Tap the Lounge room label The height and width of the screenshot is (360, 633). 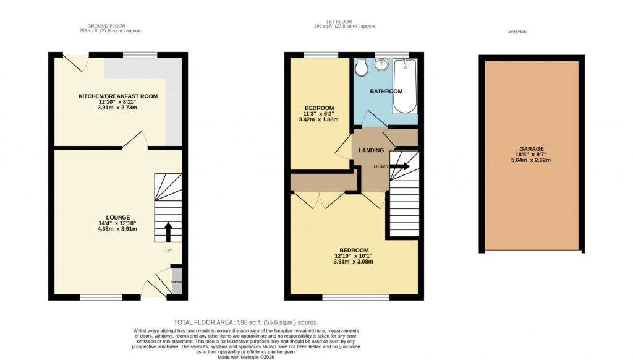pos(117,217)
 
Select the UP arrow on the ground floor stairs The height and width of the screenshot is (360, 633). pos(168,233)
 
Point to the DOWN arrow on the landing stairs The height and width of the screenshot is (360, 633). pos(399,166)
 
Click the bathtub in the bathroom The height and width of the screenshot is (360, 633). pos(406,86)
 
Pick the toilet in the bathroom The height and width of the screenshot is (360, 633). pos(362,67)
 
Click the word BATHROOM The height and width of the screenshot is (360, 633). pos(386,92)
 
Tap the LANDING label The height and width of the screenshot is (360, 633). pos(371,150)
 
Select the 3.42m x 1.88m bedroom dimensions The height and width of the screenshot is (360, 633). pos(318,120)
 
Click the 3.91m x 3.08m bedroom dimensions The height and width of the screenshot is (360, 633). pos(354,262)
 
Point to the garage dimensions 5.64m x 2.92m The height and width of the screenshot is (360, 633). pos(531,160)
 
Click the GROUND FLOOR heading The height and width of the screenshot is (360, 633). pos(102,26)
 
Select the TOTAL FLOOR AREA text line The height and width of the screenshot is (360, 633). pos(245,322)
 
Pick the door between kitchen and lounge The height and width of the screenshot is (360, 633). pos(135,141)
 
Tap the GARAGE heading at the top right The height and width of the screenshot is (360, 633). pos(516,32)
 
